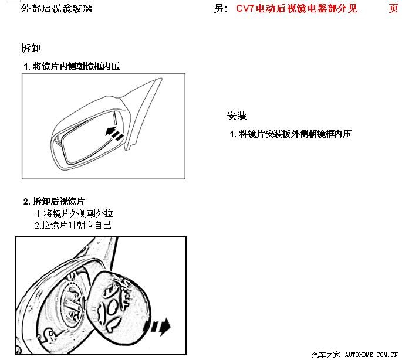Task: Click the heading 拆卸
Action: click(x=31, y=48)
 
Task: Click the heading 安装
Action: click(x=237, y=116)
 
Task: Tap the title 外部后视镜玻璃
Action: click(x=57, y=8)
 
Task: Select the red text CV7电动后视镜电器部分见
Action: click(x=296, y=8)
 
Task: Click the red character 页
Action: click(x=394, y=8)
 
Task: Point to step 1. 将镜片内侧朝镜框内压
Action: click(x=72, y=67)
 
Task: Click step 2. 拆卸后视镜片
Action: click(x=54, y=201)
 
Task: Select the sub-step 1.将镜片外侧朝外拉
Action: click(x=75, y=213)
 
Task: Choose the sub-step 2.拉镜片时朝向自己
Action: click(x=73, y=225)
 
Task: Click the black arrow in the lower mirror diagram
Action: click(x=160, y=327)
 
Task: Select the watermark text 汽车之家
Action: click(x=326, y=355)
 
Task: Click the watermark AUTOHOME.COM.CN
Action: click(x=371, y=355)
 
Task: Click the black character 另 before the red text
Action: click(x=219, y=8)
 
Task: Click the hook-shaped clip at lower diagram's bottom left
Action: click(x=48, y=335)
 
